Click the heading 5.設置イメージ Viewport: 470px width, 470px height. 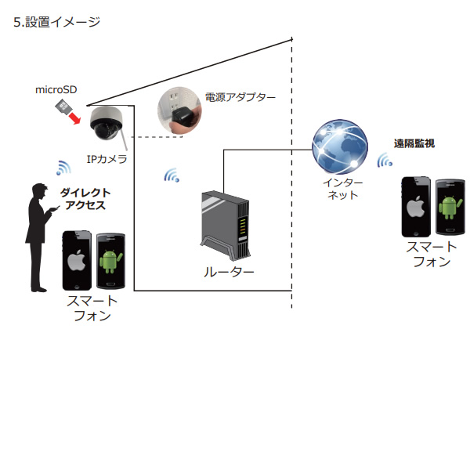pos(57,22)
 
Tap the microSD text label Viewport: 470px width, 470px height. pos(57,89)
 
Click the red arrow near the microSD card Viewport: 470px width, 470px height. pos(74,117)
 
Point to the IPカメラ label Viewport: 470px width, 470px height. pos(107,159)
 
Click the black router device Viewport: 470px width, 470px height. pos(226,224)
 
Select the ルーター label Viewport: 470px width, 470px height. pos(229,272)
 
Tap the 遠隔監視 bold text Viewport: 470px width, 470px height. pos(414,144)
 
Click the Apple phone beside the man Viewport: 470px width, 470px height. pos(78,259)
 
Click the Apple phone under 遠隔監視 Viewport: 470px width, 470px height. pos(416,207)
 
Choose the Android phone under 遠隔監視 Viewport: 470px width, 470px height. pos(448,207)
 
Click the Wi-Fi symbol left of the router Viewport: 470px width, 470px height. pos(172,175)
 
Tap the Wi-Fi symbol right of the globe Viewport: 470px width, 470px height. pos(384,161)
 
